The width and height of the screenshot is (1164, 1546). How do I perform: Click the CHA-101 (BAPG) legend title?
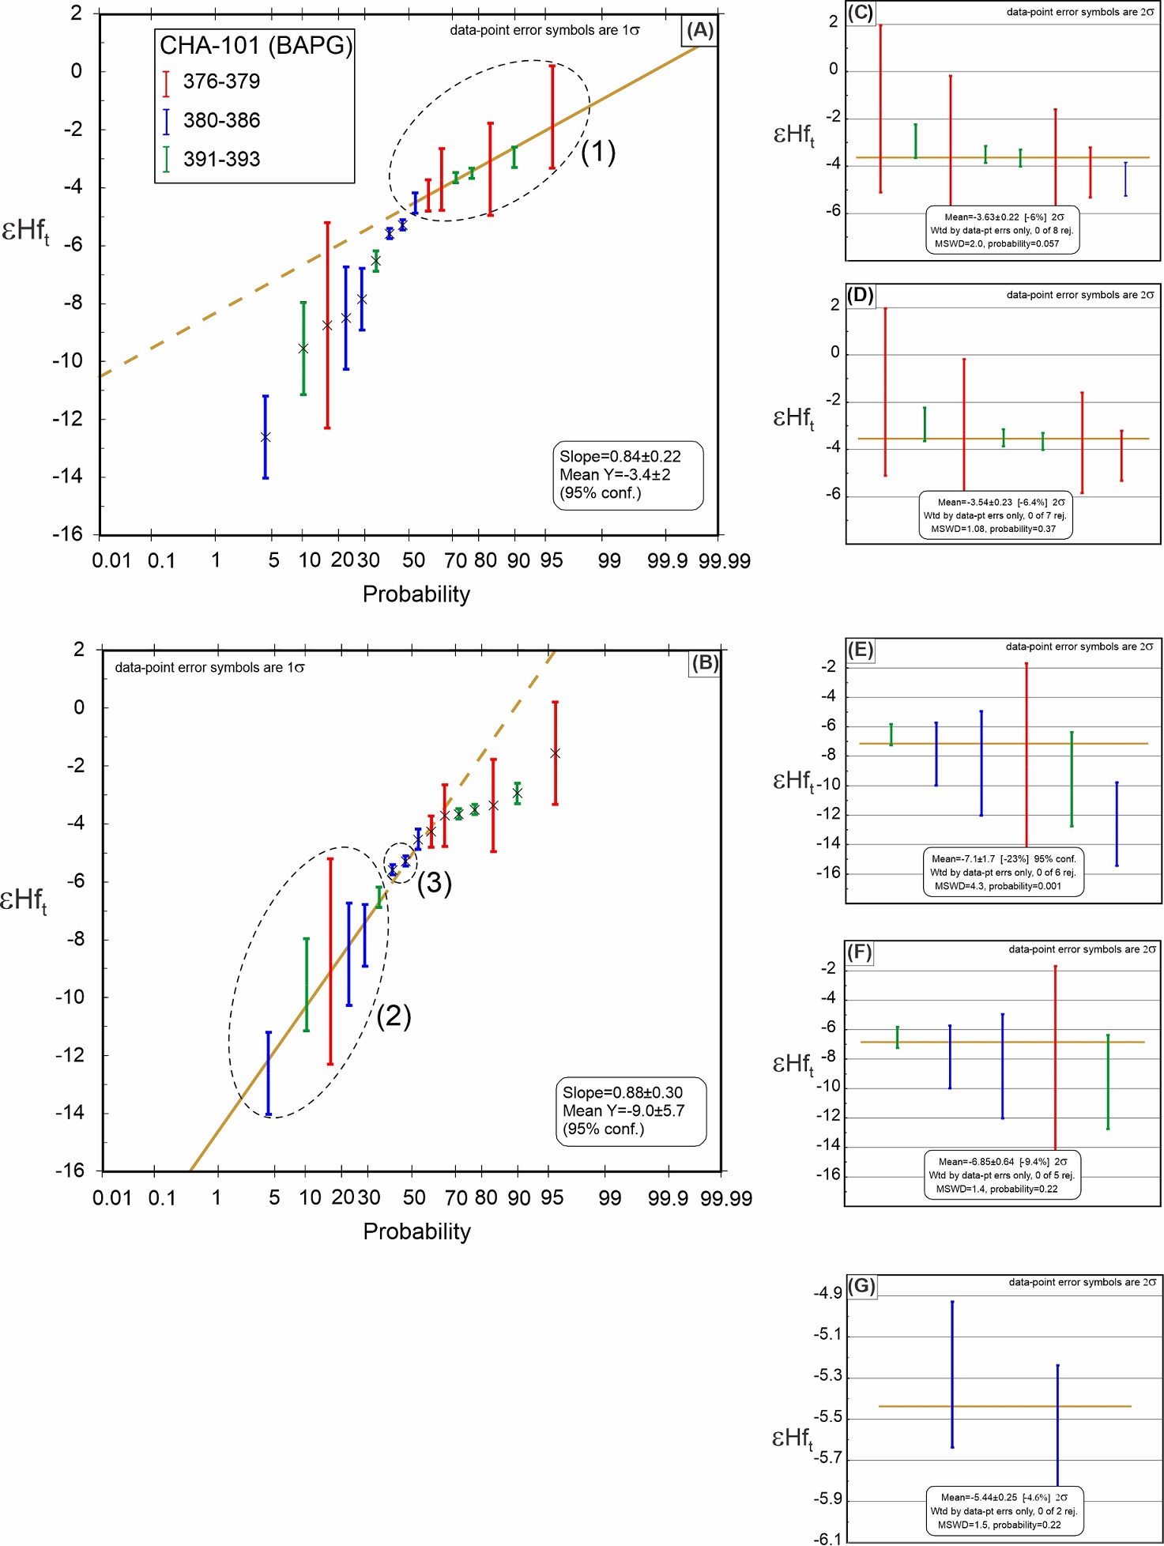tap(255, 46)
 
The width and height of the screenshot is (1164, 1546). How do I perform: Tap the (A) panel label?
tap(699, 31)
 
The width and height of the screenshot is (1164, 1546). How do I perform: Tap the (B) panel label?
tap(704, 662)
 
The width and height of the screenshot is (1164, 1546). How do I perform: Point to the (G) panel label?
tap(861, 1286)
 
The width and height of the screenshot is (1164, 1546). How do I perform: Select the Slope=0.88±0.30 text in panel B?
tap(623, 1092)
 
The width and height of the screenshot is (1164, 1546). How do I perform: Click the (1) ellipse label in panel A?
tap(598, 151)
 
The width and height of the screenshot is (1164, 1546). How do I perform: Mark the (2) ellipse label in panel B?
tap(394, 1016)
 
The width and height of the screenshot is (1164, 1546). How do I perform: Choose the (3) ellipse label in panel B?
tap(435, 883)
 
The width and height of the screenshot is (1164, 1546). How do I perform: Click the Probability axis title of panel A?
tap(416, 594)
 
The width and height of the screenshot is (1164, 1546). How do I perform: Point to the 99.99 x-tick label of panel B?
tap(725, 1198)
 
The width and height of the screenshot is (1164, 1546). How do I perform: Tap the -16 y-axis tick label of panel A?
tap(69, 534)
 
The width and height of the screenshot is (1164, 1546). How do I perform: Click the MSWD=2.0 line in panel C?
tap(996, 243)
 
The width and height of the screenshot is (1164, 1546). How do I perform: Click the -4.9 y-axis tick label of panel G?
tap(827, 1293)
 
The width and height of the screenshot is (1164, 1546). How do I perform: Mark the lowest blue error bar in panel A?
tap(266, 437)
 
